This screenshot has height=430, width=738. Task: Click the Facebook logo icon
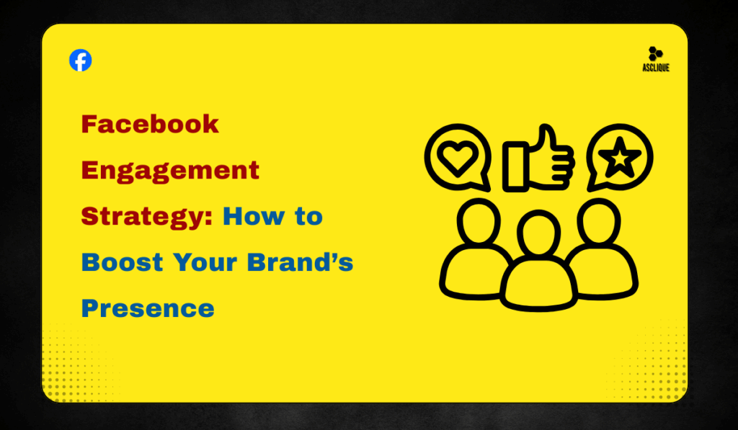pyautogui.click(x=81, y=61)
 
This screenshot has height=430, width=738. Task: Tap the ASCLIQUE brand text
pyautogui.click(x=654, y=68)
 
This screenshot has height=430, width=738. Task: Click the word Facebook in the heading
pyautogui.click(x=150, y=125)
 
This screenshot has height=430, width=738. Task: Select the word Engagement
pyautogui.click(x=170, y=171)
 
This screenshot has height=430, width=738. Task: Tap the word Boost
pyautogui.click(x=121, y=262)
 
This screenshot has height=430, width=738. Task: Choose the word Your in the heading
pyautogui.click(x=206, y=262)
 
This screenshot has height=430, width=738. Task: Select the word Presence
pyautogui.click(x=148, y=308)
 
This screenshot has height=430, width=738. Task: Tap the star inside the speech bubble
pyautogui.click(x=619, y=158)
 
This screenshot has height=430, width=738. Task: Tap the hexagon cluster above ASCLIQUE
pyautogui.click(x=654, y=53)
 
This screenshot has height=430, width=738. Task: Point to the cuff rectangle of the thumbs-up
pyautogui.click(x=515, y=167)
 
